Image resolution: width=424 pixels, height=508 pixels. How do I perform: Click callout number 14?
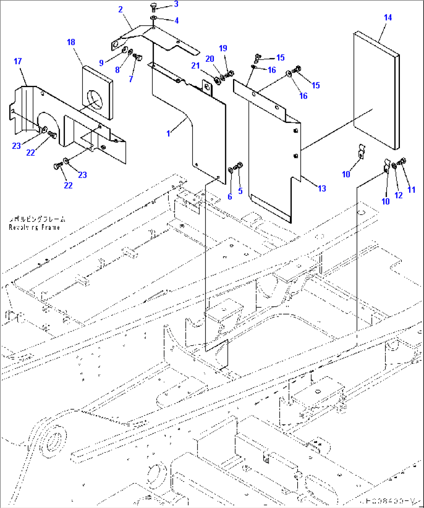(x=387, y=17)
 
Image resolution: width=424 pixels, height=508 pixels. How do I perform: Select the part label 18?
(x=71, y=42)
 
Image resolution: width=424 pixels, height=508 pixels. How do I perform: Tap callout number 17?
(x=18, y=61)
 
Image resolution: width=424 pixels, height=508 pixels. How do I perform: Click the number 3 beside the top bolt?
(x=176, y=4)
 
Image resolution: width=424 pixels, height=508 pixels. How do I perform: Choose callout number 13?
(x=322, y=189)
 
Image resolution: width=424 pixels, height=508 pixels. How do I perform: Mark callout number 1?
(x=168, y=133)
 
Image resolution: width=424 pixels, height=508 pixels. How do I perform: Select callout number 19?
(x=223, y=48)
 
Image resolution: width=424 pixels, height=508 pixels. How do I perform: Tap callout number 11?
(x=412, y=190)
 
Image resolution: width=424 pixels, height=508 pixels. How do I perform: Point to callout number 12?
(x=398, y=196)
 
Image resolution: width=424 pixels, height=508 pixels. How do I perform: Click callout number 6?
(x=230, y=197)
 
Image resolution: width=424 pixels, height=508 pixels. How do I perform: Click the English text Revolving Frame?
(x=34, y=227)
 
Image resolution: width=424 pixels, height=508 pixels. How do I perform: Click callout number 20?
(x=210, y=59)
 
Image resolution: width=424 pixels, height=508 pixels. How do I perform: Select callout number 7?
(x=131, y=79)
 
